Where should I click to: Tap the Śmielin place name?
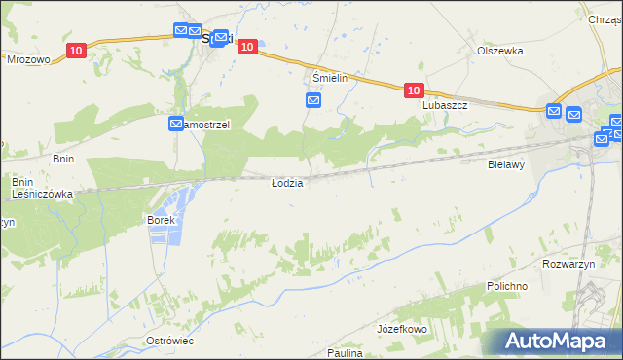pos(330,77)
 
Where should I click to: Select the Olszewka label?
pos(500,51)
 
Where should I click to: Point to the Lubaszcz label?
pos(446,105)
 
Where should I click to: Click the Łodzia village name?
pos(287,183)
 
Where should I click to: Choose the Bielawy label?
pos(506,165)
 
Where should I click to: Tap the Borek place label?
pos(161,220)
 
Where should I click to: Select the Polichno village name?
pos(507,287)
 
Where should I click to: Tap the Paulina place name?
pos(345,353)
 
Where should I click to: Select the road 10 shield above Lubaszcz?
pos(414,90)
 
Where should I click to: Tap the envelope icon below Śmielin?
pos(313,100)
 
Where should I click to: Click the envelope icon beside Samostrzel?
pos(176,125)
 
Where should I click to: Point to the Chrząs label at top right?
pos(605,18)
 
